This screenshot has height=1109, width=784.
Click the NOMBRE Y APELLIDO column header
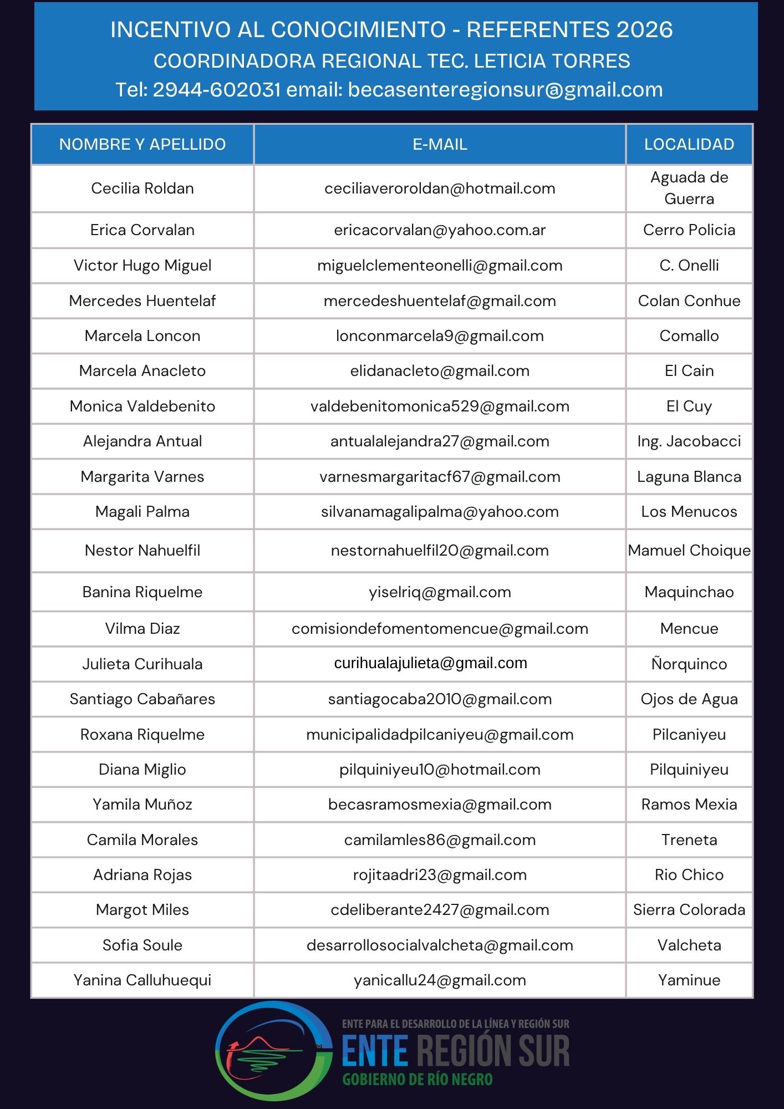point(142,145)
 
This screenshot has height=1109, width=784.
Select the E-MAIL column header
point(440,145)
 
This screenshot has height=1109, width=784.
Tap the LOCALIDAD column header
point(689,145)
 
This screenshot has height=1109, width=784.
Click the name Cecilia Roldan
point(142,189)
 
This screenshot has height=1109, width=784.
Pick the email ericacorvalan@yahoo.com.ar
point(440,230)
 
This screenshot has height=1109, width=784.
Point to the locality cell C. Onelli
point(689,266)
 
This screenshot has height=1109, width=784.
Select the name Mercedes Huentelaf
point(142,301)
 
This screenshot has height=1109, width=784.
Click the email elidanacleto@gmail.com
point(440,371)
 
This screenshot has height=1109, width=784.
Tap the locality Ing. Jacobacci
point(689,441)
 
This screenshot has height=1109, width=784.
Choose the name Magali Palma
point(142,512)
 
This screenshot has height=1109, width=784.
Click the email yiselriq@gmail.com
point(440,592)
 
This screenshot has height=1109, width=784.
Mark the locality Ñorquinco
point(689,664)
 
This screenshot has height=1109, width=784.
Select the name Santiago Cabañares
point(142,699)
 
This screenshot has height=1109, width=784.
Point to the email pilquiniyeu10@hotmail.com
point(440,770)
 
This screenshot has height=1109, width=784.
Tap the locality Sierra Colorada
point(689,910)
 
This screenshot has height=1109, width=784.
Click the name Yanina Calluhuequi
point(142,980)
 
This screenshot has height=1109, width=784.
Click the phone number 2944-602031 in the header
point(217,90)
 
